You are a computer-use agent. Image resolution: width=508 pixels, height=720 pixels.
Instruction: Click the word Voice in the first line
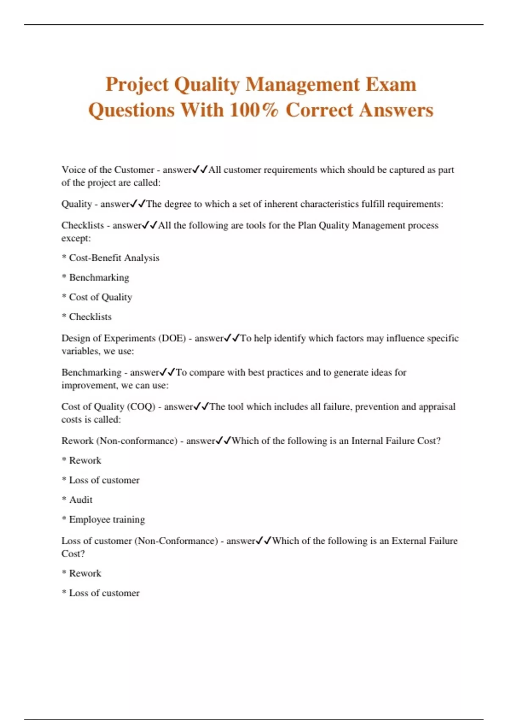pyautogui.click(x=73, y=170)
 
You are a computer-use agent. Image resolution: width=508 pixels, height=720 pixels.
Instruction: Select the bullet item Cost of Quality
pyautogui.click(x=100, y=297)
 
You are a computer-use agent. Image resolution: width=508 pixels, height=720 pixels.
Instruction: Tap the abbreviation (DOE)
pyautogui.click(x=172, y=338)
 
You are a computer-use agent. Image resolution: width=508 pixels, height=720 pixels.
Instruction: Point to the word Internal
pyautogui.click(x=367, y=441)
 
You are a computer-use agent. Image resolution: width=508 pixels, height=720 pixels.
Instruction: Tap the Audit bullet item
pyautogui.click(x=80, y=500)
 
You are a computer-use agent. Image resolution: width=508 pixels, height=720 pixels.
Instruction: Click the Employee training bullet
pyautogui.click(x=107, y=520)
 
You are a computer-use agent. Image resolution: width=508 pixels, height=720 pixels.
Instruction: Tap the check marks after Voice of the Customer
pyautogui.click(x=200, y=170)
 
